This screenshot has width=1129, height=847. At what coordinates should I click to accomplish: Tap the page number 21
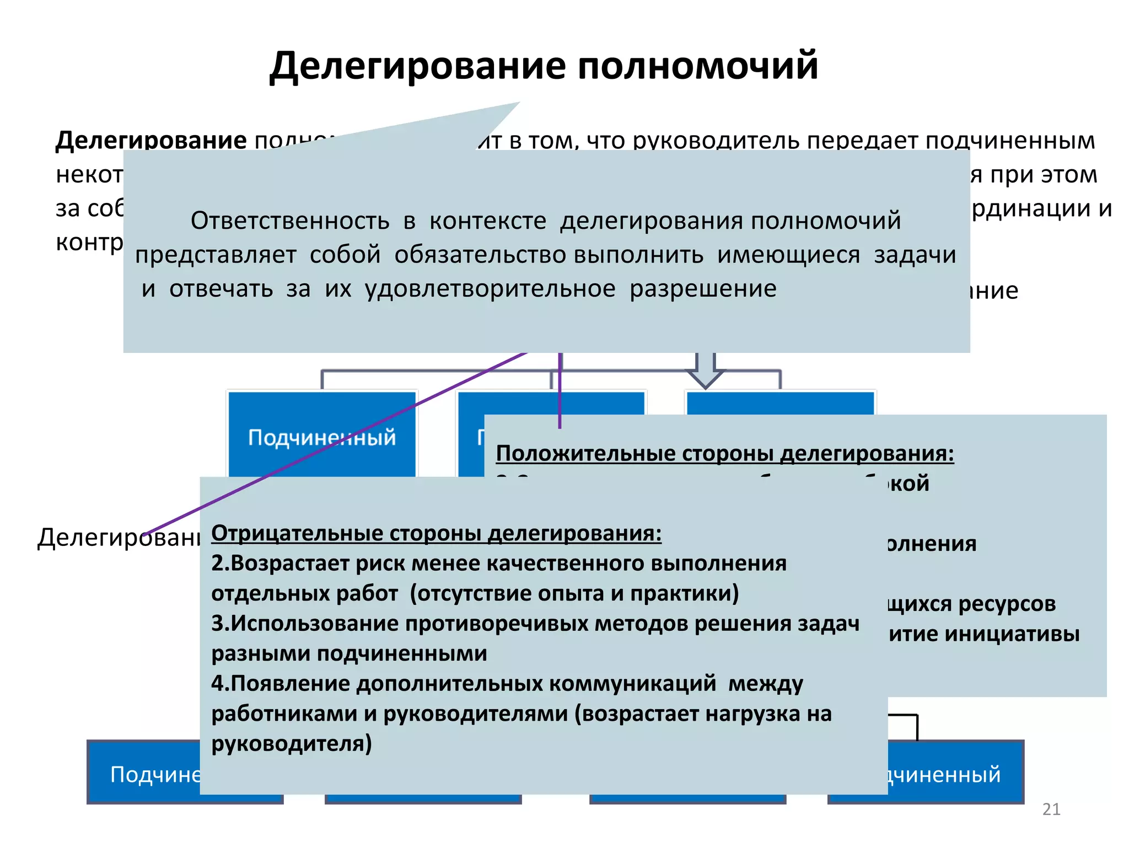pyautogui.click(x=1051, y=809)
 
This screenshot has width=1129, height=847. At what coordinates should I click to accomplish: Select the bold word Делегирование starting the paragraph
pyautogui.click(x=151, y=140)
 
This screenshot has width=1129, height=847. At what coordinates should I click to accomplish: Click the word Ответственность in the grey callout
pyautogui.click(x=290, y=221)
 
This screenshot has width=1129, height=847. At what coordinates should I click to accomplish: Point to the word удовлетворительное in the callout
pyautogui.click(x=490, y=288)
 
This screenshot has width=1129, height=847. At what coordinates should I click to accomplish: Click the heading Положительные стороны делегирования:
pyautogui.click(x=724, y=453)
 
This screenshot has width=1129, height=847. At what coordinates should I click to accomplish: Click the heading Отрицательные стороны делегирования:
pyautogui.click(x=436, y=533)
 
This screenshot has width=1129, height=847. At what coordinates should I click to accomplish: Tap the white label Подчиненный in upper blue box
pyautogui.click(x=321, y=437)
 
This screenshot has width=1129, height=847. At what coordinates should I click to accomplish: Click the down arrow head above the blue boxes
pyautogui.click(x=705, y=380)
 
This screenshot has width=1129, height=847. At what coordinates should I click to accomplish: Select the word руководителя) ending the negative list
pyautogui.click(x=292, y=744)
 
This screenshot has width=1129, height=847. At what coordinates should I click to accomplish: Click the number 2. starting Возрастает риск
pyautogui.click(x=221, y=564)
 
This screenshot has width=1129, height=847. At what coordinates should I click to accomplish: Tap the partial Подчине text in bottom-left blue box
pyautogui.click(x=156, y=775)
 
